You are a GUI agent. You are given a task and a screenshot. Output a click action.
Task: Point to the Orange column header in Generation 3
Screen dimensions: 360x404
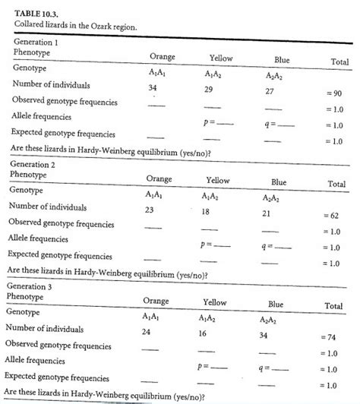tap(155, 301)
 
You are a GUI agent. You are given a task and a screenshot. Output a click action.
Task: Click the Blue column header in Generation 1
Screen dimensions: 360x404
tap(283, 60)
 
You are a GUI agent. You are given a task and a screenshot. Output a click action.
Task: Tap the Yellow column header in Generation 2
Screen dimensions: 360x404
tap(218, 180)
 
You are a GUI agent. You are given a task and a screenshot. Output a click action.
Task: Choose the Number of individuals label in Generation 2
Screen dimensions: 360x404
tap(47, 207)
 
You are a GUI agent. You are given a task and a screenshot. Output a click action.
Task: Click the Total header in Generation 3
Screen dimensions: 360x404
tap(334, 305)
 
